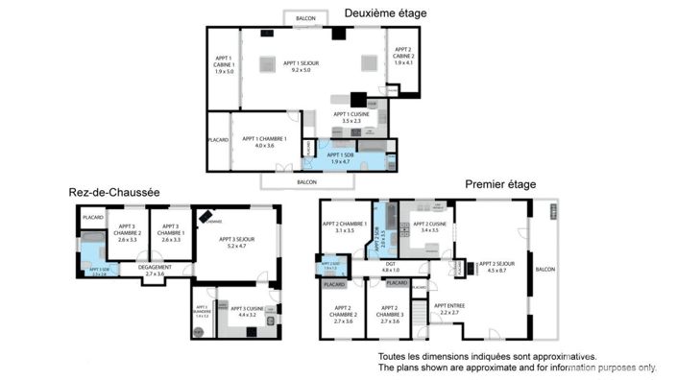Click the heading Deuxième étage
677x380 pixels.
tap(385, 13)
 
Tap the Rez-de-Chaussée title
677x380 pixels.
tap(113, 193)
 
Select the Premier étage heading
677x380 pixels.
tap(499, 184)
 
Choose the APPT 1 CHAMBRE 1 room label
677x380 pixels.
tap(258, 142)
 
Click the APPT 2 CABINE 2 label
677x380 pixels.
tap(401, 59)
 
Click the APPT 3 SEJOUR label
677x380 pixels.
tap(235, 243)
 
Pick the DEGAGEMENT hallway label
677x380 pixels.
tap(155, 271)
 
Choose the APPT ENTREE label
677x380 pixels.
tap(448, 309)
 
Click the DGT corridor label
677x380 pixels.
tap(390, 267)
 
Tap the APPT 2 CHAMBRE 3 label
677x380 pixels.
tap(389, 317)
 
